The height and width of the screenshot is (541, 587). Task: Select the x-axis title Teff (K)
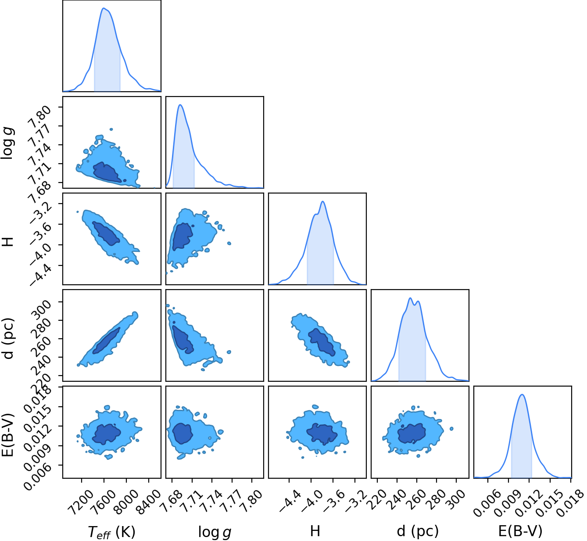click(111, 531)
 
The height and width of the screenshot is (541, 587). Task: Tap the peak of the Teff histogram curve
click(103, 8)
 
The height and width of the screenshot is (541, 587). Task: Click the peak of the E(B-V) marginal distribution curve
click(522, 394)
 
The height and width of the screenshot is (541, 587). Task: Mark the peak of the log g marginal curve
click(180, 105)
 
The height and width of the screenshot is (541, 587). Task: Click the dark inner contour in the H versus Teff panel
click(106, 233)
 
